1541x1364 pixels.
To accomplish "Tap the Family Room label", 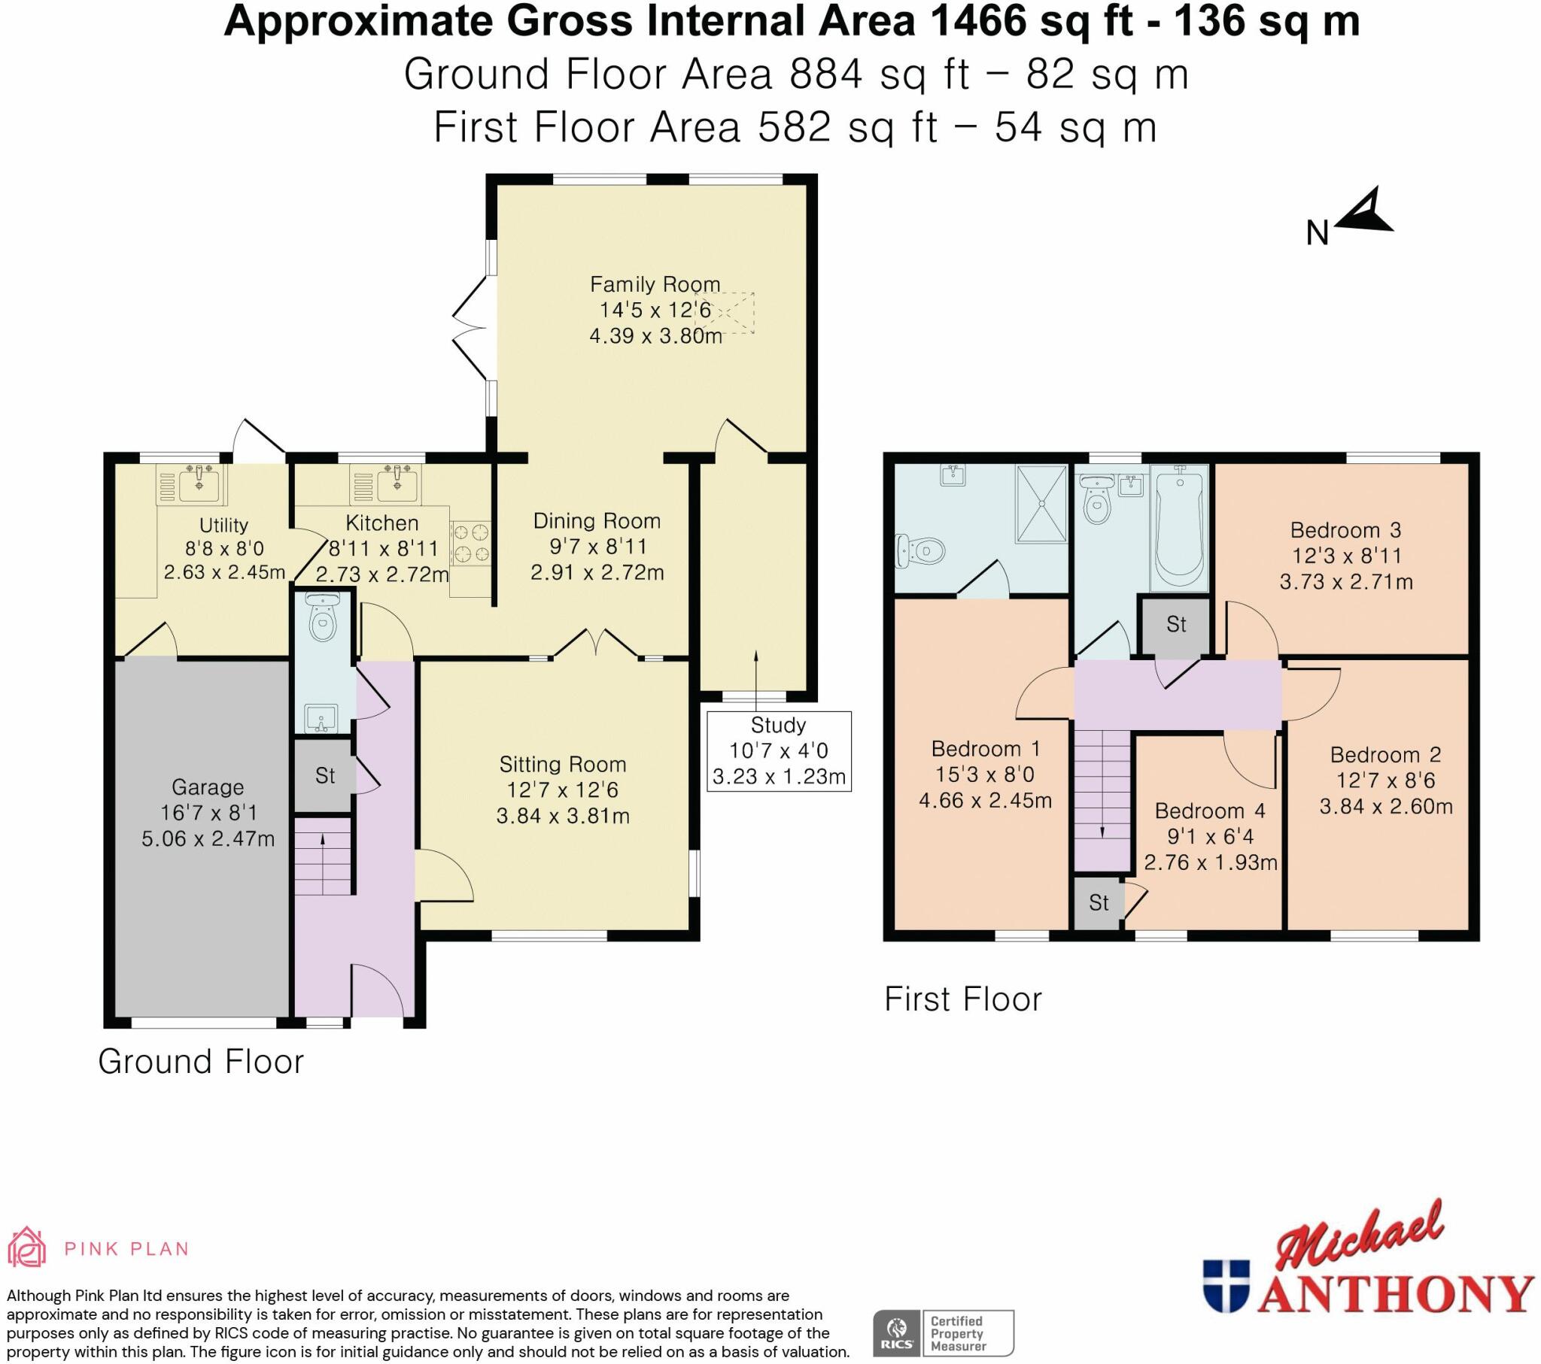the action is [x=655, y=284].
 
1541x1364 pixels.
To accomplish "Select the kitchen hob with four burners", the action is [x=471, y=544].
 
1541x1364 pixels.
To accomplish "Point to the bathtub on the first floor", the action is [x=1178, y=528].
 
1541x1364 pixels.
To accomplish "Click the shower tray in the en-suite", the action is [x=1042, y=502].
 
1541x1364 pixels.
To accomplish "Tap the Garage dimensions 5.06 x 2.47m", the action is [x=208, y=838].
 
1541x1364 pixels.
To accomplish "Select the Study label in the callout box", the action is [x=778, y=725].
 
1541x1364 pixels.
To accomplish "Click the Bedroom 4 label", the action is [x=1210, y=811].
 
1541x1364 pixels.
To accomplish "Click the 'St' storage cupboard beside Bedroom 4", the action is [x=1099, y=902].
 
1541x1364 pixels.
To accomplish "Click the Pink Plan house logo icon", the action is [x=26, y=1249].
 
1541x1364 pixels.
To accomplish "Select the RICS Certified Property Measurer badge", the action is [x=943, y=1332].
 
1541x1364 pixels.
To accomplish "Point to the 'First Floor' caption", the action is [x=962, y=999].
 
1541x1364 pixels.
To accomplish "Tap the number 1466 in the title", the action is [x=977, y=21].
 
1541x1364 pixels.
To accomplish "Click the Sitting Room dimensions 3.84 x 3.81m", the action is [x=563, y=816].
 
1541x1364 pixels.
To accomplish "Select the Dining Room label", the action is [x=597, y=521].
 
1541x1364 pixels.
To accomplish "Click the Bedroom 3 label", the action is [x=1345, y=531].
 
